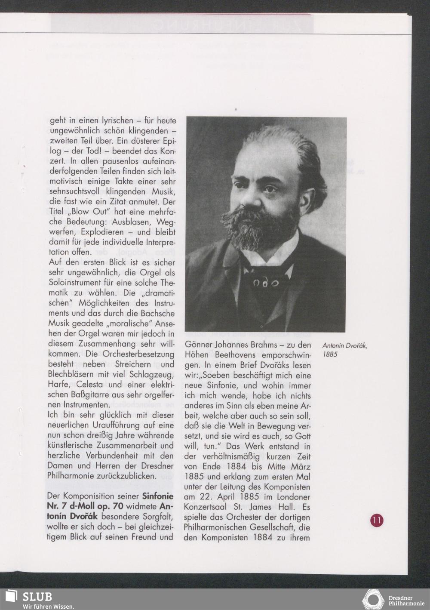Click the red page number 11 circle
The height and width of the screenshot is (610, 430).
coord(377,520)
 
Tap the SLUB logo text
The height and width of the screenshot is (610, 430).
coord(37,597)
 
